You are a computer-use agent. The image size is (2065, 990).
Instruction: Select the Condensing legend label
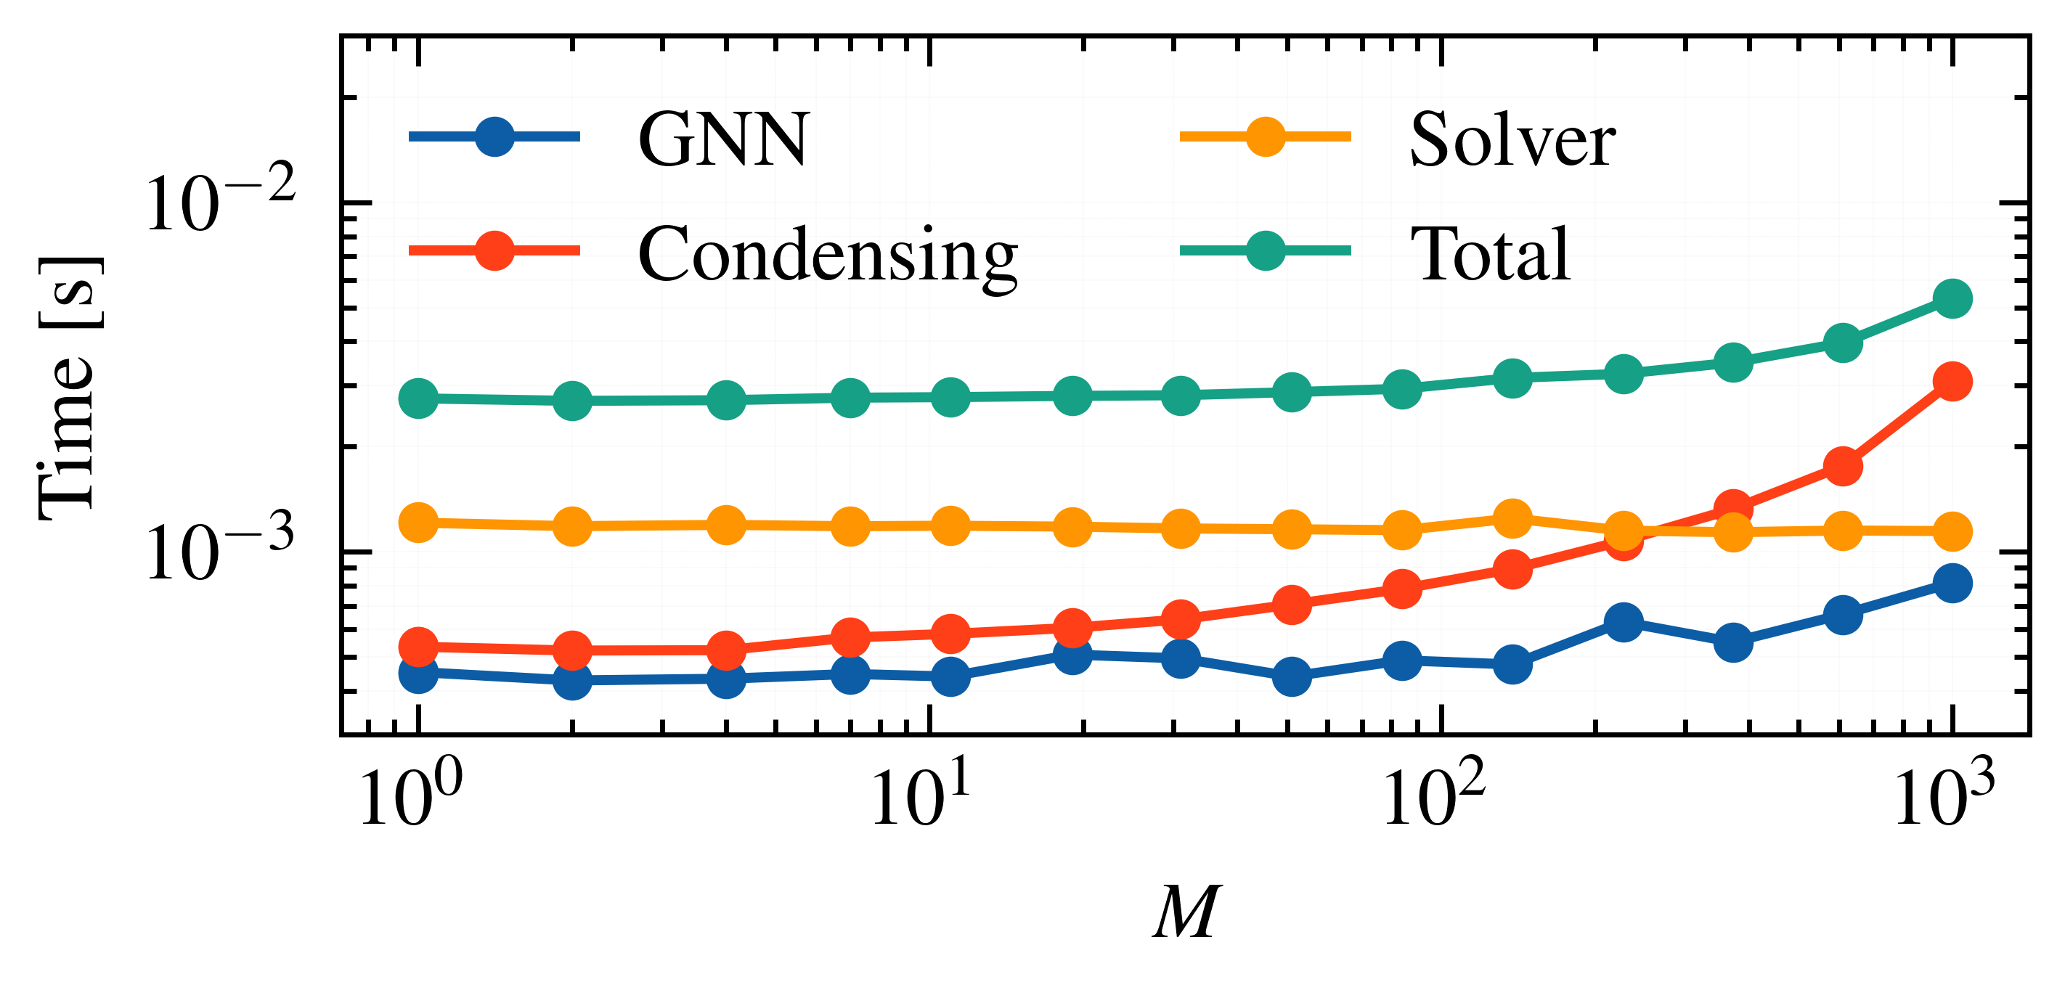click(x=827, y=255)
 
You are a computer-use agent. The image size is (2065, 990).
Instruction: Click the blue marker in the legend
click(x=494, y=136)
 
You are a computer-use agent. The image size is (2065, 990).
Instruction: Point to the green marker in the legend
click(x=1266, y=251)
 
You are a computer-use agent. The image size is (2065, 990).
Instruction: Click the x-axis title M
click(x=1186, y=912)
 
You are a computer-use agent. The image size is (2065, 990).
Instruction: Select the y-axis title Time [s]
click(x=69, y=388)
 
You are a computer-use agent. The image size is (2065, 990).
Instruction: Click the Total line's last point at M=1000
click(x=1952, y=299)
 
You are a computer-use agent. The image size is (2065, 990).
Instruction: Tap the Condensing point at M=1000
click(x=1952, y=382)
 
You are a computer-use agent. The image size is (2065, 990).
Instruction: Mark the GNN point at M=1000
click(x=1952, y=583)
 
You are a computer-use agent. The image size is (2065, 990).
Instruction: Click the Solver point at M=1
click(x=418, y=523)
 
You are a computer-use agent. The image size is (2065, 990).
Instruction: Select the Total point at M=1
click(x=418, y=398)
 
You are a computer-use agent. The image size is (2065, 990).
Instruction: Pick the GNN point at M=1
click(x=418, y=674)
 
